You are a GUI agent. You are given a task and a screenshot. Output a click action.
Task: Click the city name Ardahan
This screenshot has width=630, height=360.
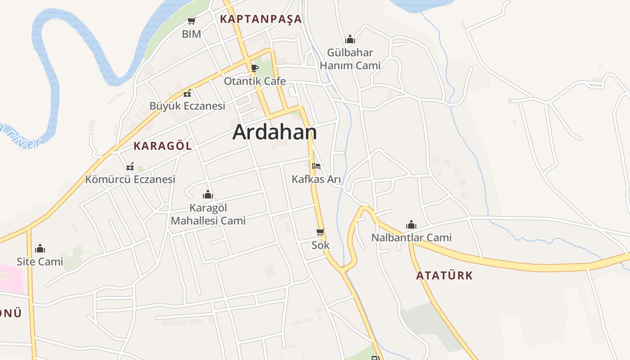tap(274, 132)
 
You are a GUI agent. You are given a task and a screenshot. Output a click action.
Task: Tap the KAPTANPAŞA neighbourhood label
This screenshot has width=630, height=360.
tap(261, 19)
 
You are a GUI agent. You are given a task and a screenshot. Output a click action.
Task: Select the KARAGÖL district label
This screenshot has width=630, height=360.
tap(162, 146)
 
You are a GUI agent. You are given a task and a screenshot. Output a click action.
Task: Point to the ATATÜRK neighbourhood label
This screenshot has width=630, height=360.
tap(445, 275)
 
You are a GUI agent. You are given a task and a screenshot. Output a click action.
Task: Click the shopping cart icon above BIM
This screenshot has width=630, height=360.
tap(191, 21)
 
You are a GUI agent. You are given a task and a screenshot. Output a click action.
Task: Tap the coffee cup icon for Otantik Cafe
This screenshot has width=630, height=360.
tap(254, 68)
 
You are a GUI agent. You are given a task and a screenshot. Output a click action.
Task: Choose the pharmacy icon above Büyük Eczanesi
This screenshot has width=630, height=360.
tap(187, 93)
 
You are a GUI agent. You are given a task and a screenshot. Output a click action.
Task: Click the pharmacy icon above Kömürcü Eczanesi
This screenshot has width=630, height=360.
tap(130, 166)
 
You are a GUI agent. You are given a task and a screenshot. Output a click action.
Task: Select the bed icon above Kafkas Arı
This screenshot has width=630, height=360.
tap(316, 166)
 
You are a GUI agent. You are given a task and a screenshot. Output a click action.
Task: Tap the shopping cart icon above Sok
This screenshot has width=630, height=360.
tap(320, 232)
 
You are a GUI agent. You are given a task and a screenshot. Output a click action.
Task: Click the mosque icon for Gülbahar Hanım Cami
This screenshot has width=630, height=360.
tap(350, 40)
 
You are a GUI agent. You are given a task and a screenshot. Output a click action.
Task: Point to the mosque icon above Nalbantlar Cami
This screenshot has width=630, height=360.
tap(411, 225)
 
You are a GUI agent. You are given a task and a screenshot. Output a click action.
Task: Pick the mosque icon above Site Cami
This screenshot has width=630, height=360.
tap(40, 248)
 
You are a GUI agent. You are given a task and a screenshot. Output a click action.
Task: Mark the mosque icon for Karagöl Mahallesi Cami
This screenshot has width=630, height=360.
tap(208, 194)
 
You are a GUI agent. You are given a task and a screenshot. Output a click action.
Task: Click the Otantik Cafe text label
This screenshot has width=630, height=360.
tap(255, 81)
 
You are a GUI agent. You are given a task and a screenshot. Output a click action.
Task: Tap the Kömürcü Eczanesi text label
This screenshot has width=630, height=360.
tap(130, 180)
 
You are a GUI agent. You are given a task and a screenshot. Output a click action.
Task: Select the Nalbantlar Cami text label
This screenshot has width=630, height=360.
tap(411, 238)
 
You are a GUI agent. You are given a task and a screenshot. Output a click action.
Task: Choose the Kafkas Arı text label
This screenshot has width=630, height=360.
tap(316, 180)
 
